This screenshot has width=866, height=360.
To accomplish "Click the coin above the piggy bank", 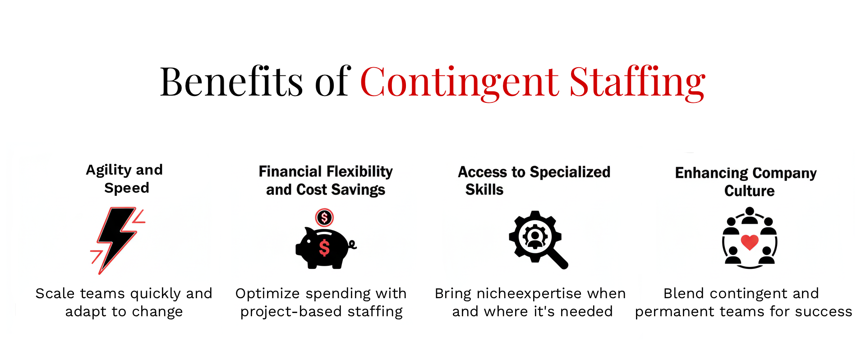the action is coord(324,217).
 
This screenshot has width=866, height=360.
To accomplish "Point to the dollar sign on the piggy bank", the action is coord(324,248).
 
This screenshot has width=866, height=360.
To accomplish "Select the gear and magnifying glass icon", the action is coord(538,240).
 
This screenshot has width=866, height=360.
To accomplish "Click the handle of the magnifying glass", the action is coord(558,259).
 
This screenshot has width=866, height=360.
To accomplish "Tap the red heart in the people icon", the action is coord(750,242).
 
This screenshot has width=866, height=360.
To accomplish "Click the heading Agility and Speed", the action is coord(124,179).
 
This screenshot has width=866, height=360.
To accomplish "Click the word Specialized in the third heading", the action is coord(570,172).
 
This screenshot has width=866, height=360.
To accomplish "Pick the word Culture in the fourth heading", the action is coord(750,191).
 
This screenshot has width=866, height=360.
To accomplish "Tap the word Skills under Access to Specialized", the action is coord(484,189).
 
